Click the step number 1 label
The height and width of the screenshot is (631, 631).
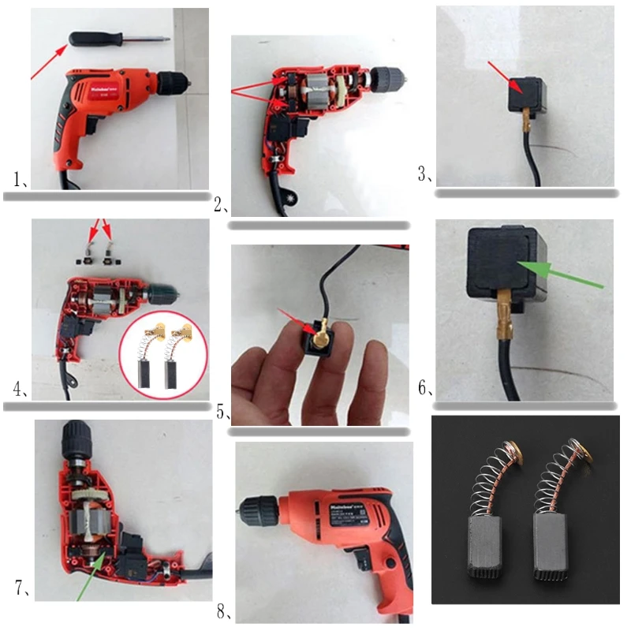21,179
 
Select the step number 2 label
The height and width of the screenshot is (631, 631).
220,207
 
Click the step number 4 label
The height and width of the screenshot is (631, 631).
21,390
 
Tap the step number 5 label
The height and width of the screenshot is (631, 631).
222,413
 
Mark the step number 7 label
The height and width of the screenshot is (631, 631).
22,588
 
